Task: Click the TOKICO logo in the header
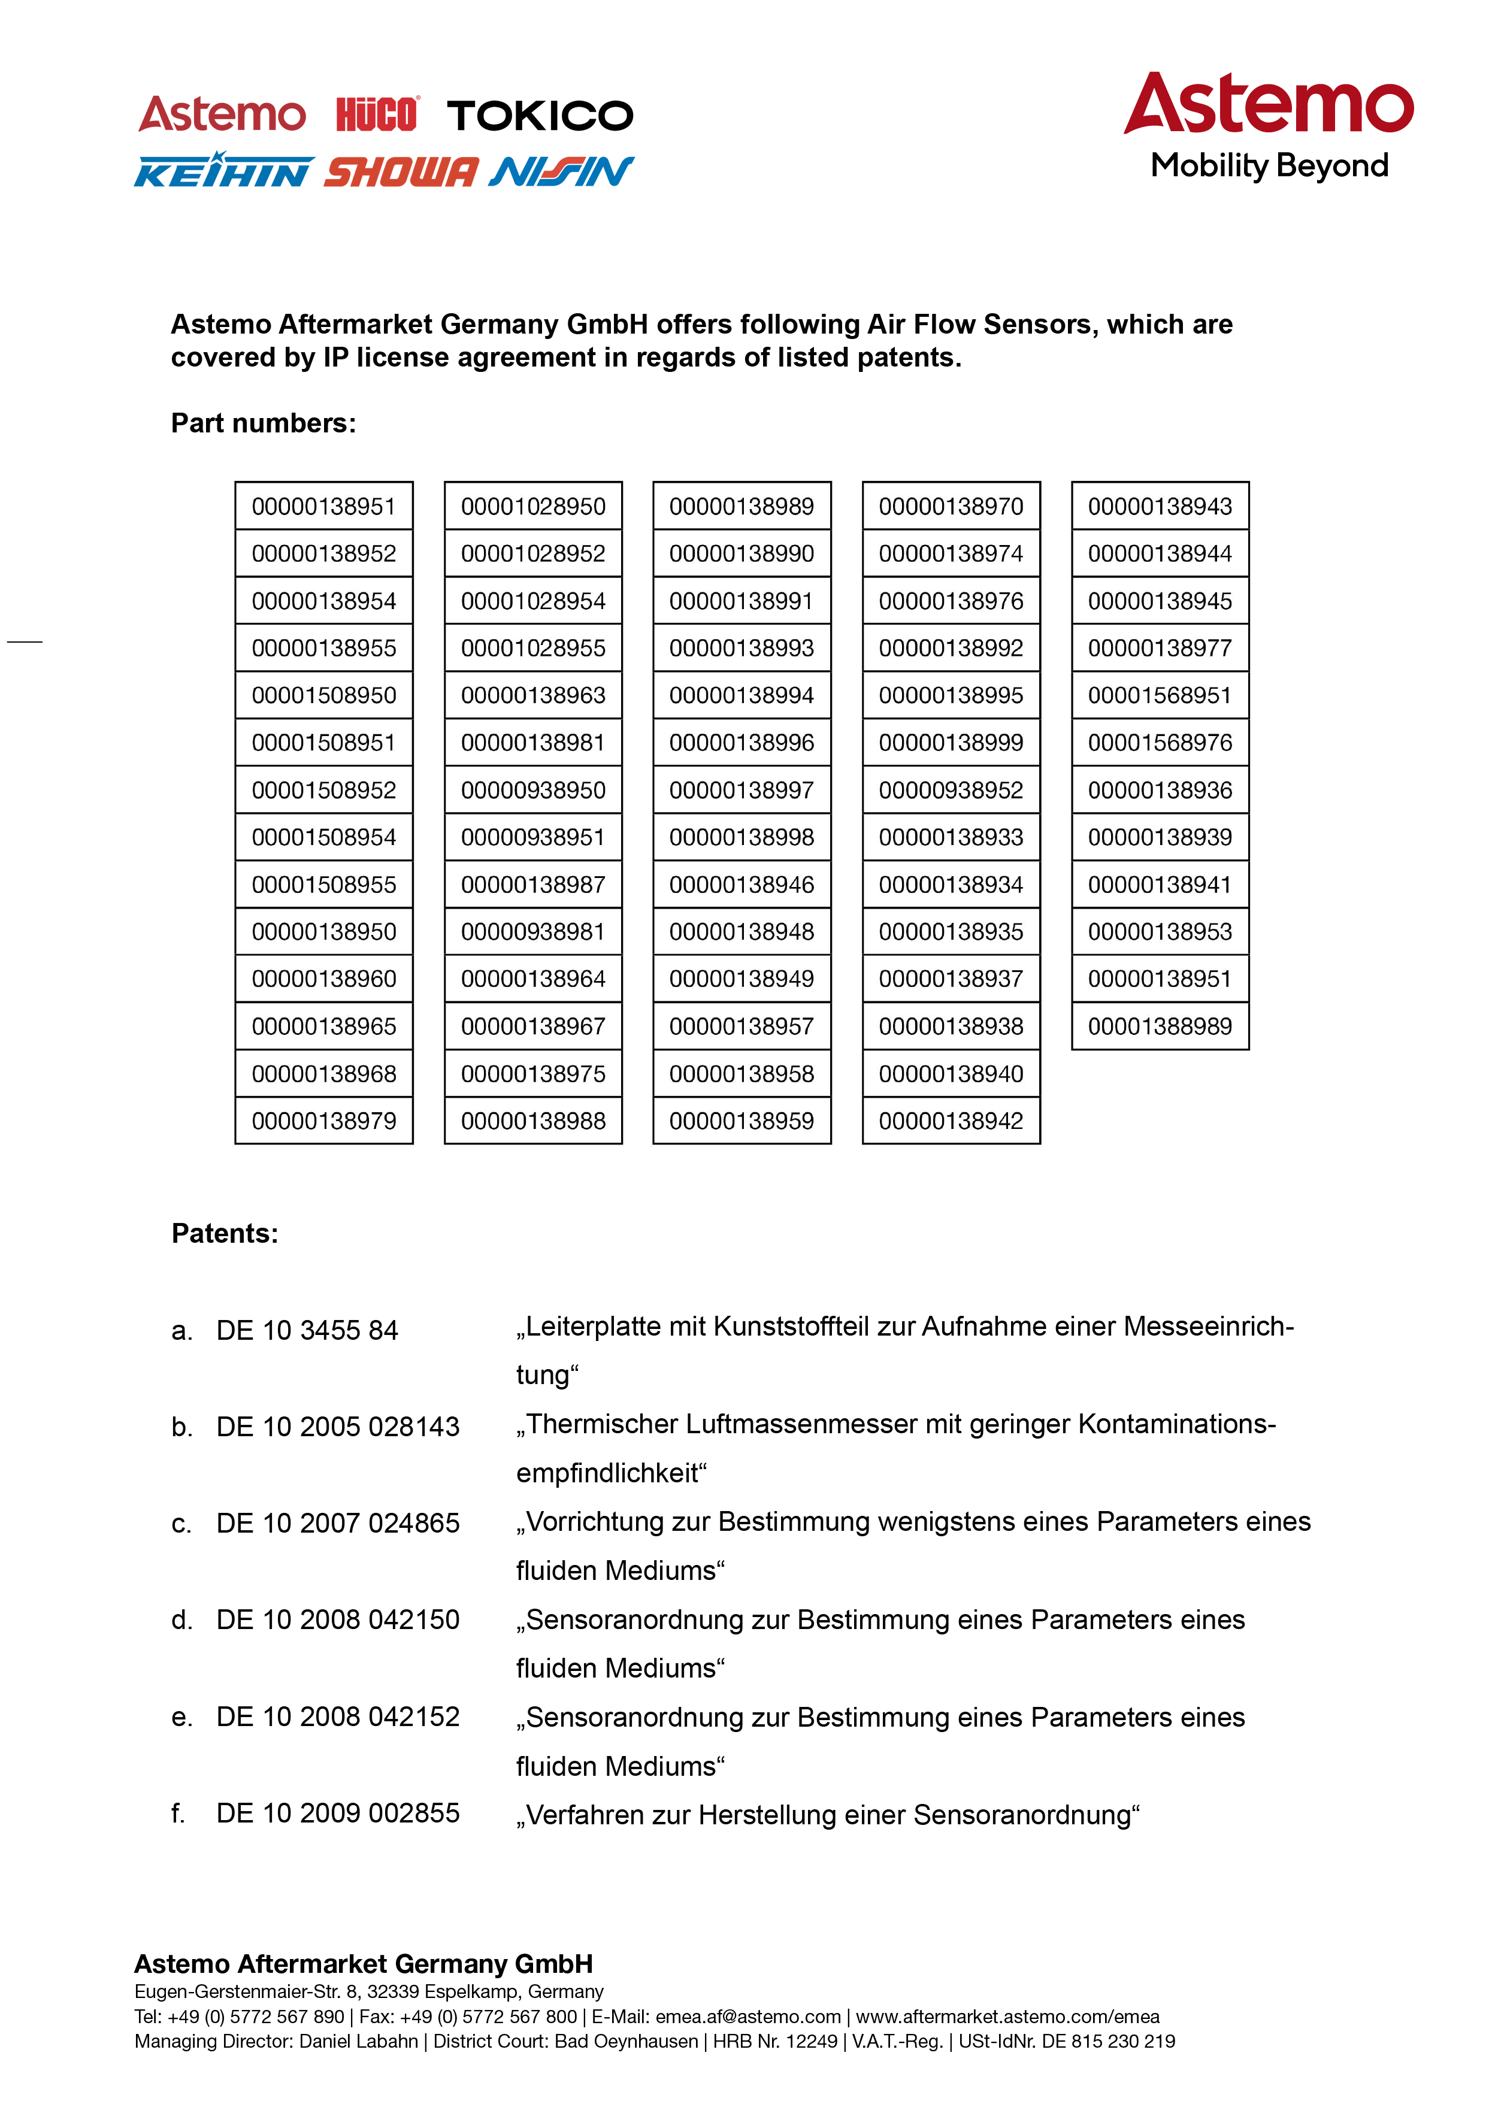click(x=540, y=116)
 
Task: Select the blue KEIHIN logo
click(x=223, y=171)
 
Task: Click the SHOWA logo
click(x=401, y=172)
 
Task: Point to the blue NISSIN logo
click(x=561, y=171)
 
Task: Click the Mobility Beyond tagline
click(x=1269, y=166)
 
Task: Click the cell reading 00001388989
click(x=1160, y=1026)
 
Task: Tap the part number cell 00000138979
click(x=324, y=1121)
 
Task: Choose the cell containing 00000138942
click(x=951, y=1121)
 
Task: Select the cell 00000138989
click(x=741, y=506)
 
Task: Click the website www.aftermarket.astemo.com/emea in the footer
click(x=1007, y=2016)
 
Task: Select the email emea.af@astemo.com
click(x=747, y=2016)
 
